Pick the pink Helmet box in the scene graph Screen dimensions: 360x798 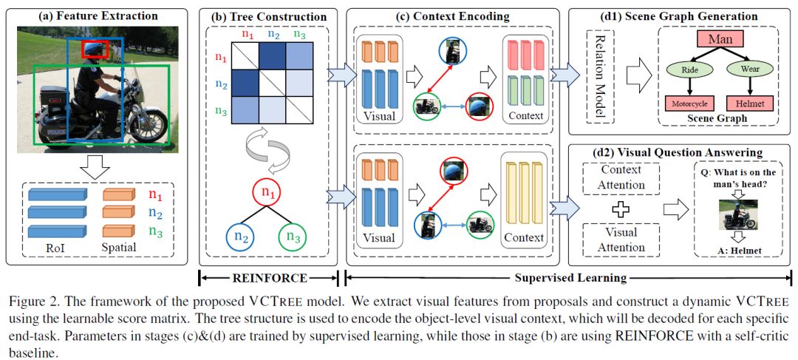pos(748,104)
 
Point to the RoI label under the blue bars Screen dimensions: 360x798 pos(57,247)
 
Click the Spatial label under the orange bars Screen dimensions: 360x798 pos(119,247)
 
